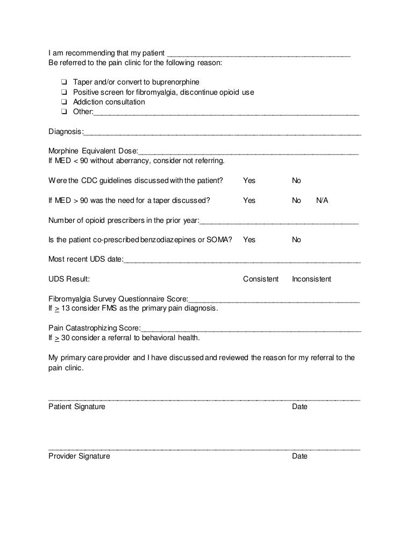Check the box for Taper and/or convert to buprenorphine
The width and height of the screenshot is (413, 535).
tap(64, 82)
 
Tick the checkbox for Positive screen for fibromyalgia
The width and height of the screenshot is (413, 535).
tap(64, 93)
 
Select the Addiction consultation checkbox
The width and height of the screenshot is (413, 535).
tap(64, 102)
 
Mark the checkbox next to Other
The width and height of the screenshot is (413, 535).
tap(64, 112)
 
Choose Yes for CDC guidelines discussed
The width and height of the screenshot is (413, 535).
tap(249, 181)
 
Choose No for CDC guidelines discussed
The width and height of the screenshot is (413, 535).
tap(296, 181)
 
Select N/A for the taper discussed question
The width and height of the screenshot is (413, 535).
tap(322, 201)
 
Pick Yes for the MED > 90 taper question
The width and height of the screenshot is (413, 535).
tap(249, 201)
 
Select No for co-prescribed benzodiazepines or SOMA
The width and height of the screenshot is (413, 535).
tap(296, 240)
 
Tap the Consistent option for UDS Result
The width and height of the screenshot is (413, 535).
tap(261, 279)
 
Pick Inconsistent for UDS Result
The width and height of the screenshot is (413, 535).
tap(311, 279)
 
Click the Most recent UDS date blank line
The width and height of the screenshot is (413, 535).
tap(242, 261)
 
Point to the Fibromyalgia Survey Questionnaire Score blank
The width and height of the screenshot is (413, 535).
tap(274, 300)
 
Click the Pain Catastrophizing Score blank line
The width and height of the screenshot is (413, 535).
tap(251, 329)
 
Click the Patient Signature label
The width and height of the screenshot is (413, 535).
tap(77, 407)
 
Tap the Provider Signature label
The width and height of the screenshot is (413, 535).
tap(79, 456)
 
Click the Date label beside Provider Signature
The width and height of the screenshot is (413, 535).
tap(300, 456)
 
